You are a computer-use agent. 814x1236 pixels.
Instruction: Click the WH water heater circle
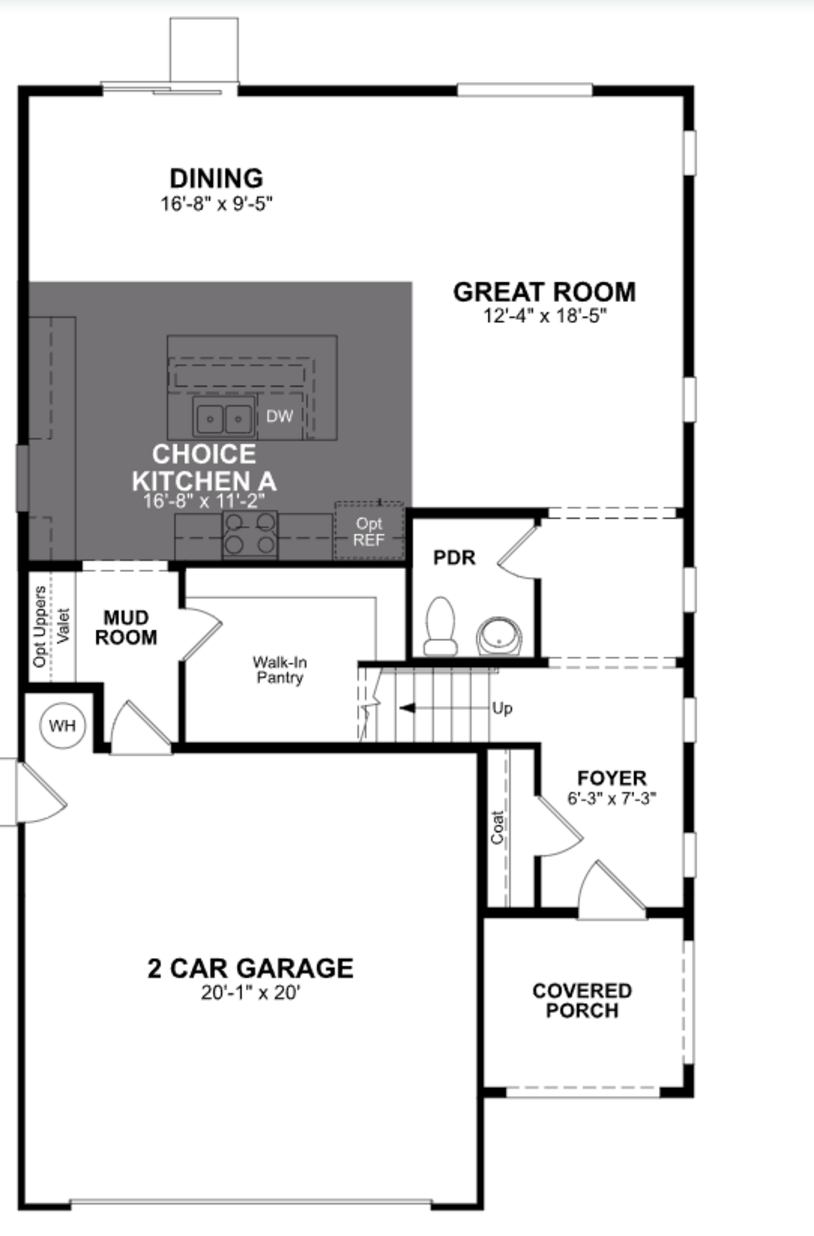pyautogui.click(x=62, y=725)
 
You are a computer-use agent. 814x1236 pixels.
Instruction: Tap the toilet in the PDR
pyautogui.click(x=440, y=627)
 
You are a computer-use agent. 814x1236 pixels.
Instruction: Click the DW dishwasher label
pyautogui.click(x=280, y=416)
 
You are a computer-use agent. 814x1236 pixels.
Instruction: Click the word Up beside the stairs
pyautogui.click(x=502, y=708)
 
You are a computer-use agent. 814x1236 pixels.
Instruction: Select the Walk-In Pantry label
pyautogui.click(x=280, y=670)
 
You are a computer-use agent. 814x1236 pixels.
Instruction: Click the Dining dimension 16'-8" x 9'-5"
pyautogui.click(x=216, y=204)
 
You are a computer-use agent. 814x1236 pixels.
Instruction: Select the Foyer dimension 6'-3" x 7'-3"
pyautogui.click(x=612, y=798)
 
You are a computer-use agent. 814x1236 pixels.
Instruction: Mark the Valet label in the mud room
pyautogui.click(x=63, y=626)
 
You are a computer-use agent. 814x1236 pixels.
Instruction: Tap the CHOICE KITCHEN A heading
pyautogui.click(x=204, y=467)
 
